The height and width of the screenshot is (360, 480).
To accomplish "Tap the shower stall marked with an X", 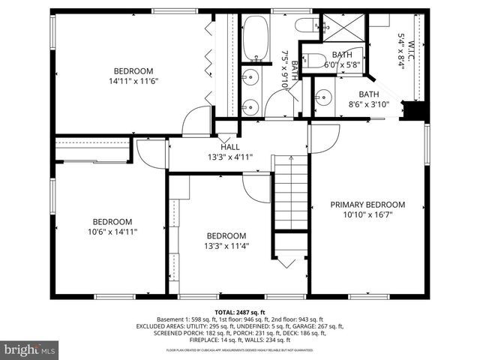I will pos(342,28).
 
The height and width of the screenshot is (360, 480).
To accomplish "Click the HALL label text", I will pos(229,147).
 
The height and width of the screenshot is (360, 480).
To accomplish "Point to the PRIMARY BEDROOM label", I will pos(367,204).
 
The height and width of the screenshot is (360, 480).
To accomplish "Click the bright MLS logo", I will pos(30,349).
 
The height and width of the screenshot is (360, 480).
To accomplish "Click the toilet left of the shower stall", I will pos(307,25).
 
